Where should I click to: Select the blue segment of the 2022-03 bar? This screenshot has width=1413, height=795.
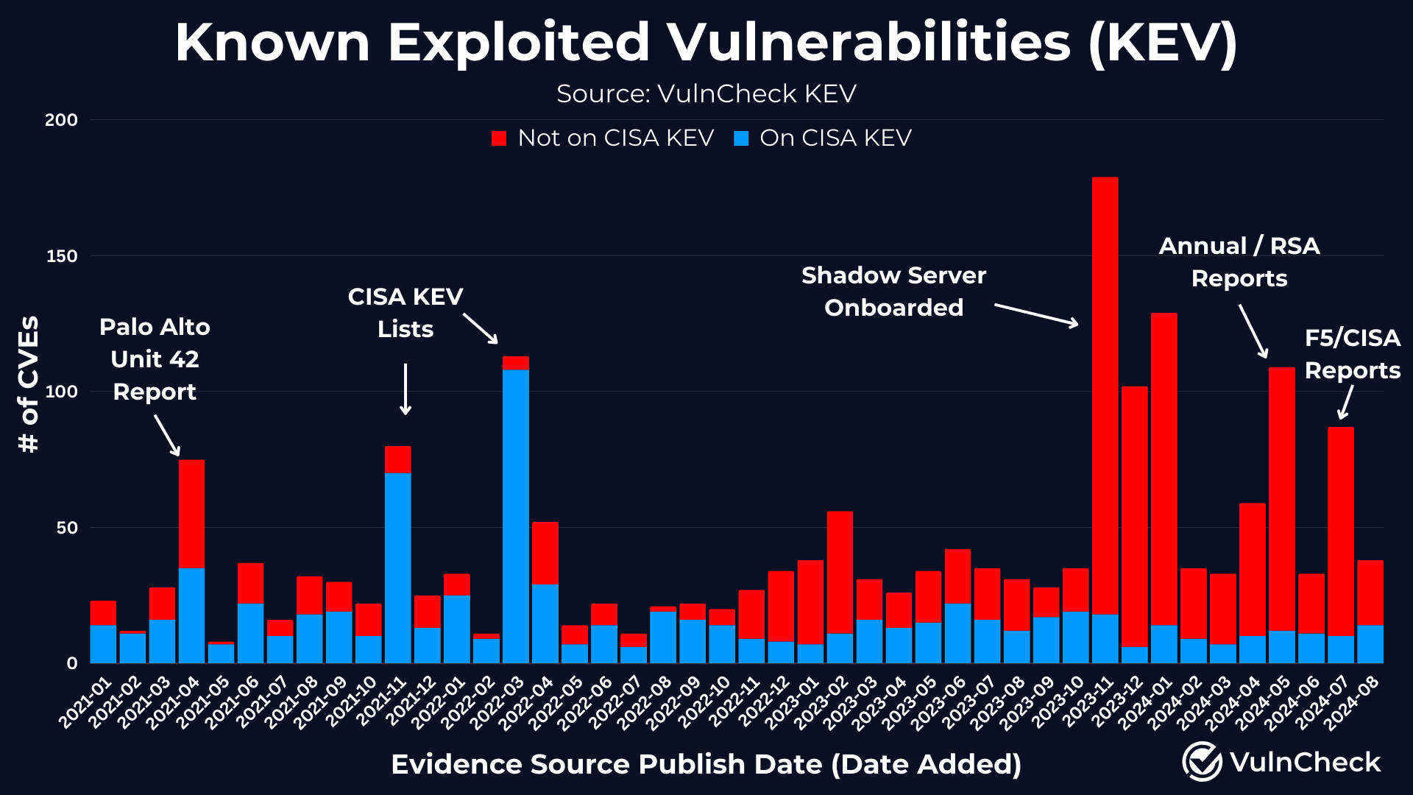(x=515, y=515)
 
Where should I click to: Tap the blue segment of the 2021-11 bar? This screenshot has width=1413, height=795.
(x=397, y=567)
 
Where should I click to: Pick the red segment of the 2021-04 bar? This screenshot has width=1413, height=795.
(x=191, y=514)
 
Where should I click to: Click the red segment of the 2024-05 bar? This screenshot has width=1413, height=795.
(x=1281, y=501)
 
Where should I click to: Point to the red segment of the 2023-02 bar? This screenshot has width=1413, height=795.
(x=840, y=573)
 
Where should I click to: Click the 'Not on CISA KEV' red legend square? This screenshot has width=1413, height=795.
(x=499, y=138)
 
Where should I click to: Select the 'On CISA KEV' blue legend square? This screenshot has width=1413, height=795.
(x=741, y=138)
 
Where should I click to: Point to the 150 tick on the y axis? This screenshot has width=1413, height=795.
(x=62, y=256)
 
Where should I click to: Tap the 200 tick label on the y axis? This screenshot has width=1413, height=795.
(x=62, y=120)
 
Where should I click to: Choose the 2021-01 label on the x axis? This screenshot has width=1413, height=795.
(x=86, y=704)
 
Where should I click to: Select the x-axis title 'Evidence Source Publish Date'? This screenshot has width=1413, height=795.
(x=705, y=764)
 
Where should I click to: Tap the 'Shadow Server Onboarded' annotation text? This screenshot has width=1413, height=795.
(x=893, y=291)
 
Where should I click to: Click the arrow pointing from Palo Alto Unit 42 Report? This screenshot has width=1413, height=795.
(x=167, y=435)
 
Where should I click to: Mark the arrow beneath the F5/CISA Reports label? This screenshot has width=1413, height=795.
(x=1345, y=403)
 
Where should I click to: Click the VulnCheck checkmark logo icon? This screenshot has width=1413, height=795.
(x=1202, y=761)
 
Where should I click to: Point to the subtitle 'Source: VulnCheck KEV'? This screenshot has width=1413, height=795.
(x=706, y=94)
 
